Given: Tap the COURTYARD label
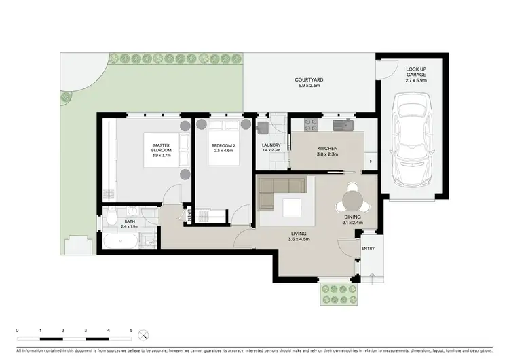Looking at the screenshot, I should (x=307, y=79).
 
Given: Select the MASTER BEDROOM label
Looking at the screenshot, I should (x=162, y=147).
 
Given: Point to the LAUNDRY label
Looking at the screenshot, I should (x=271, y=145).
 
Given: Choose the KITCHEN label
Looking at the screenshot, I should (x=327, y=148).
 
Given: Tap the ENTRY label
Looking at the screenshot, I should (x=368, y=249).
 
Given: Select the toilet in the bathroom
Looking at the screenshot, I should (x=111, y=219).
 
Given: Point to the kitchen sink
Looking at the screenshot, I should (x=347, y=124).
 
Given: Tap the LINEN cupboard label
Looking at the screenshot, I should (x=189, y=215).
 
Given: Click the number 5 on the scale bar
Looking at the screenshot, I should (x=131, y=330).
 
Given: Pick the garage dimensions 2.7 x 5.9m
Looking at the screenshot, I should (x=416, y=79).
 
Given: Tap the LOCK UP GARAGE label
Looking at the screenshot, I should (x=416, y=71).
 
